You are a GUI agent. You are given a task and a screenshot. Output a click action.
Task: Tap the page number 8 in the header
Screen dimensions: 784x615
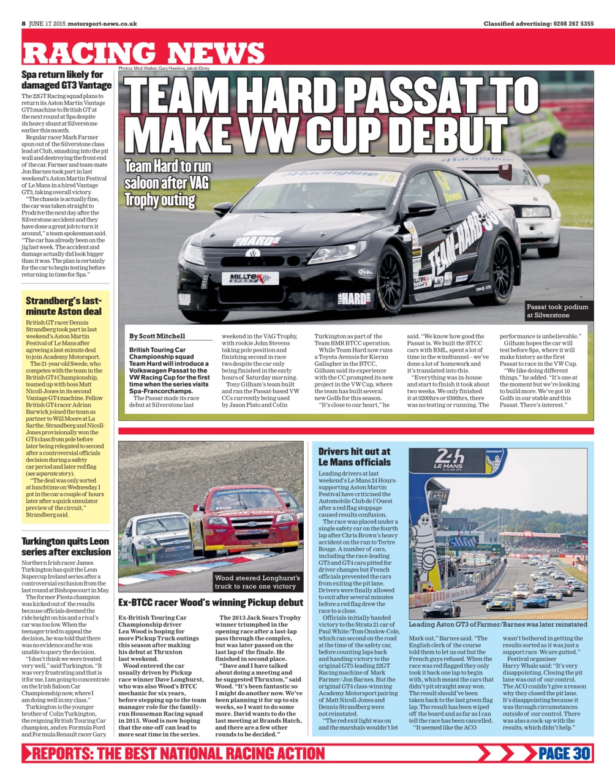coord(23,24)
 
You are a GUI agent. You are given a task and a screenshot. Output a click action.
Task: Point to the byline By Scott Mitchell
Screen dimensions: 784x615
coord(157,336)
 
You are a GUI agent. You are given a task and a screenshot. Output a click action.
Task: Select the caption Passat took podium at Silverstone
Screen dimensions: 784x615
coord(557,311)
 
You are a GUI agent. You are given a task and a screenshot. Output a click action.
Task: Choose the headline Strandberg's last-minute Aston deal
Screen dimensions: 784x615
coord(64,306)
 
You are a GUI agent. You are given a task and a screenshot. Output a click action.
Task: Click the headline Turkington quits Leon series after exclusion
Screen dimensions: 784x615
coord(66,546)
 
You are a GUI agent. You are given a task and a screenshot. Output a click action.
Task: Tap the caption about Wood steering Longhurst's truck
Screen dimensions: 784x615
coord(257,582)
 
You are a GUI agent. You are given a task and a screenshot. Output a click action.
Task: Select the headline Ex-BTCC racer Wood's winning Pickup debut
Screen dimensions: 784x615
coord(211,603)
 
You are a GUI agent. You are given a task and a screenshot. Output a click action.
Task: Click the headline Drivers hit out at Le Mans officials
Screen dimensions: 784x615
coord(354,457)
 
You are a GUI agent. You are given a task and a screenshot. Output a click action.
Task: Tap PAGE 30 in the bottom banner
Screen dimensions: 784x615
coord(564,753)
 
